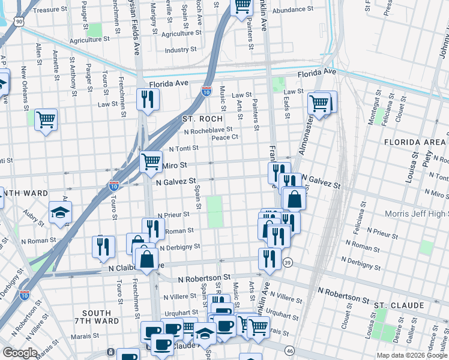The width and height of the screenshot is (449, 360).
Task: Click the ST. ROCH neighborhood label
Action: click(x=202, y=119)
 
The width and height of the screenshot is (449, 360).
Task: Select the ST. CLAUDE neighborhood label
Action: click(x=399, y=305)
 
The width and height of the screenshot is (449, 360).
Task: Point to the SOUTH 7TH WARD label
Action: click(x=97, y=317)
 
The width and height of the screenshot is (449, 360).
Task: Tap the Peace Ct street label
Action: click(x=225, y=137)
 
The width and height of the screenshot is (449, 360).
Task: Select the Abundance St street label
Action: click(x=292, y=10)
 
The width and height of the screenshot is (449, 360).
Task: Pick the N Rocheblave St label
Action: click(x=208, y=131)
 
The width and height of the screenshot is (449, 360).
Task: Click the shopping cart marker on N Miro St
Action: click(x=150, y=161)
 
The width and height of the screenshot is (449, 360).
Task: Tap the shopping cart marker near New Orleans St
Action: click(x=46, y=119)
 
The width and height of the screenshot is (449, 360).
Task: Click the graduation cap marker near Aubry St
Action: click(x=60, y=212)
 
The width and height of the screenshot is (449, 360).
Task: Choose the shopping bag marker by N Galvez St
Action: click(x=294, y=198)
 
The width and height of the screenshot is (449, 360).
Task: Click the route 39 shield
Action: click(x=288, y=263)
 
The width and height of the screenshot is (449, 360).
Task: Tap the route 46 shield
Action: click(x=289, y=350)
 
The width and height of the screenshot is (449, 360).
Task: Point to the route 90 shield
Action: click(x=20, y=22)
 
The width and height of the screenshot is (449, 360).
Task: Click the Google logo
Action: click(x=20, y=353)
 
